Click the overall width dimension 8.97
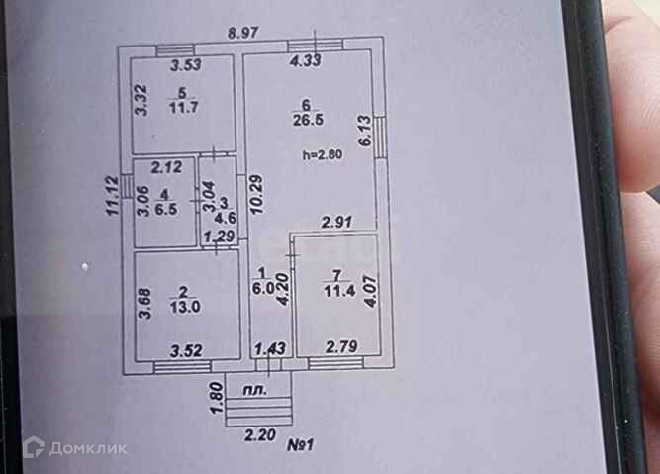point(243,33)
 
